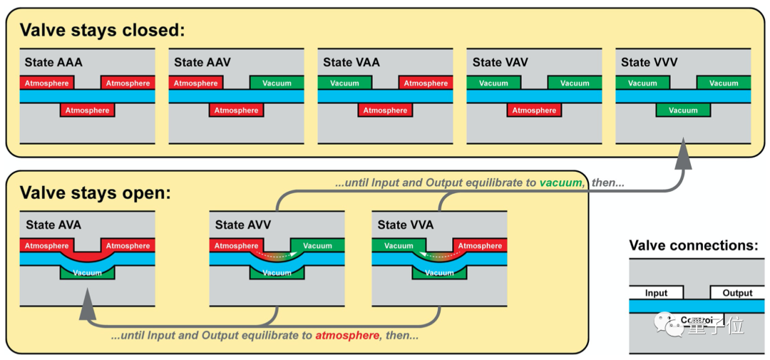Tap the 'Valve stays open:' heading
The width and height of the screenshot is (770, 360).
click(91, 193)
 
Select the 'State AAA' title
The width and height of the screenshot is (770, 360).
click(53, 62)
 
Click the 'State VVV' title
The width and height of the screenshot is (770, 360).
click(650, 62)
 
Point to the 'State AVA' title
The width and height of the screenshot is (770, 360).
click(53, 225)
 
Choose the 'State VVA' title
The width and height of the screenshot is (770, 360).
click(406, 225)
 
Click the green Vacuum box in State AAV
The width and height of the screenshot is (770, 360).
click(277, 83)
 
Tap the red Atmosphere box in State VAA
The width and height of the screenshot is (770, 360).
click(426, 83)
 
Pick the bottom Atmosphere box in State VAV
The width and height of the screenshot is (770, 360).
click(534, 110)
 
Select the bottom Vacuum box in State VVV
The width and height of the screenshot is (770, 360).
click(683, 110)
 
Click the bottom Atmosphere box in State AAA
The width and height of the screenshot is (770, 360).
click(87, 110)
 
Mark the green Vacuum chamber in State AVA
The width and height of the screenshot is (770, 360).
click(88, 273)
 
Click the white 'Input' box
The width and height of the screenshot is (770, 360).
click(656, 292)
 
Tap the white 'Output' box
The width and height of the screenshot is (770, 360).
click(737, 292)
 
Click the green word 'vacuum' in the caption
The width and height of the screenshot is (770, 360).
click(560, 182)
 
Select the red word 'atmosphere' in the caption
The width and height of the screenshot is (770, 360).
click(346, 335)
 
